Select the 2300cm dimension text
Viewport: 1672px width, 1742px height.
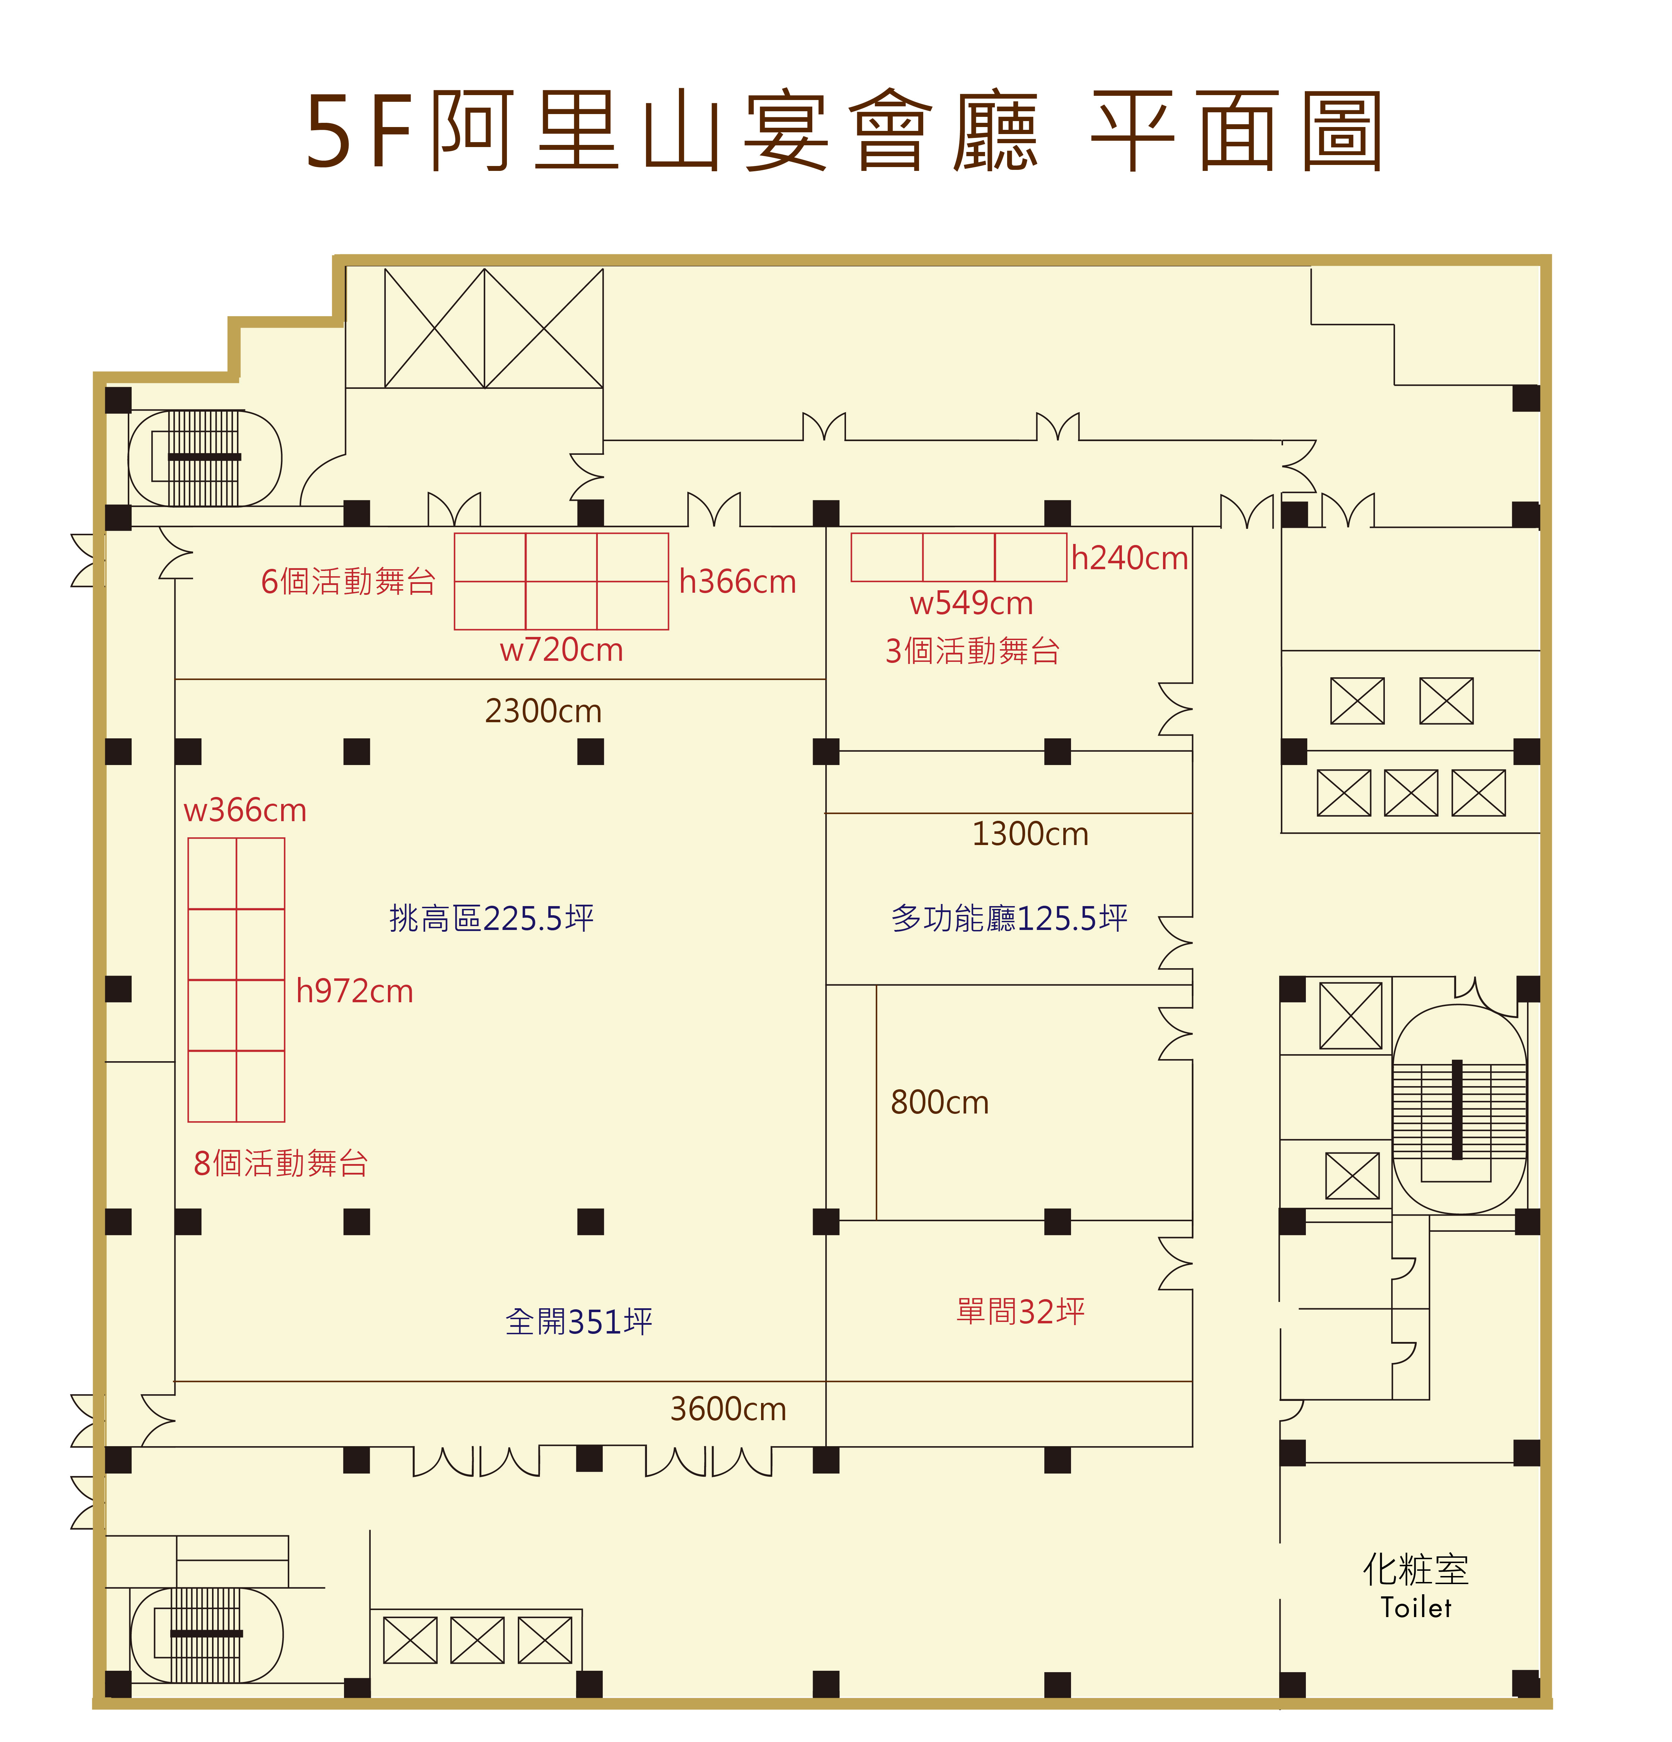[543, 711]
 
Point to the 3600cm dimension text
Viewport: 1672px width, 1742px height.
[728, 1409]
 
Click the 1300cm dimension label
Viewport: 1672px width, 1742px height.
[1030, 834]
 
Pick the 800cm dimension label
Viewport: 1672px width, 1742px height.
[939, 1102]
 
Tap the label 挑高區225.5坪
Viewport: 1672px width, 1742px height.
[491, 918]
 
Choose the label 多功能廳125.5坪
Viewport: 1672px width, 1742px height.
[1010, 918]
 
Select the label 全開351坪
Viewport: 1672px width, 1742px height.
[579, 1322]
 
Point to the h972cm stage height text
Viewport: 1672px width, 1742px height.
[355, 991]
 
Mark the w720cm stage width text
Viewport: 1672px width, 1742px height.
[562, 650]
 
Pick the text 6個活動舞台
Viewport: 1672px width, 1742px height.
[349, 581]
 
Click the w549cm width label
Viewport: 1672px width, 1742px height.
[972, 604]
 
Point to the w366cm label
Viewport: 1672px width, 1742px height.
[245, 811]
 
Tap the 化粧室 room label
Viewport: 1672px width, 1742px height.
[1416, 1570]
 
